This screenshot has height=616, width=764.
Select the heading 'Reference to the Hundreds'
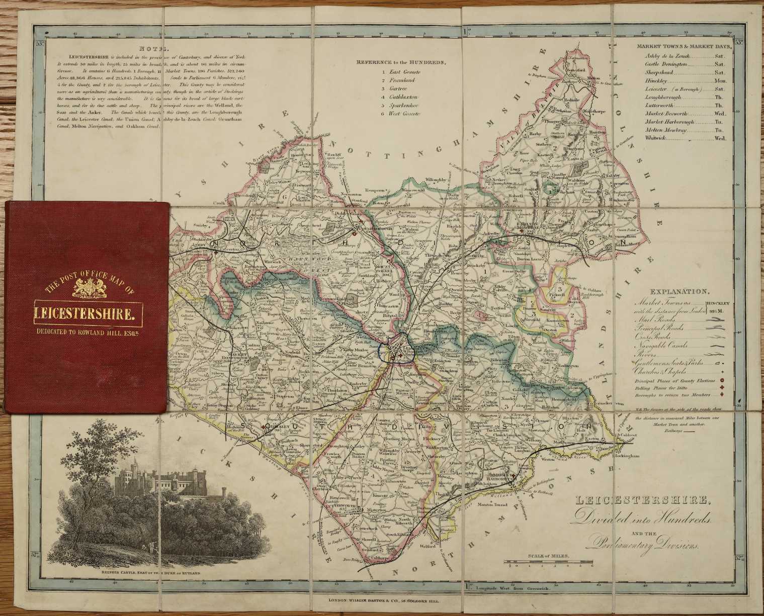click(401, 62)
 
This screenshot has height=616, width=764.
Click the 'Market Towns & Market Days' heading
click(685, 46)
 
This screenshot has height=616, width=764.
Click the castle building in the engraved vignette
click(151, 479)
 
